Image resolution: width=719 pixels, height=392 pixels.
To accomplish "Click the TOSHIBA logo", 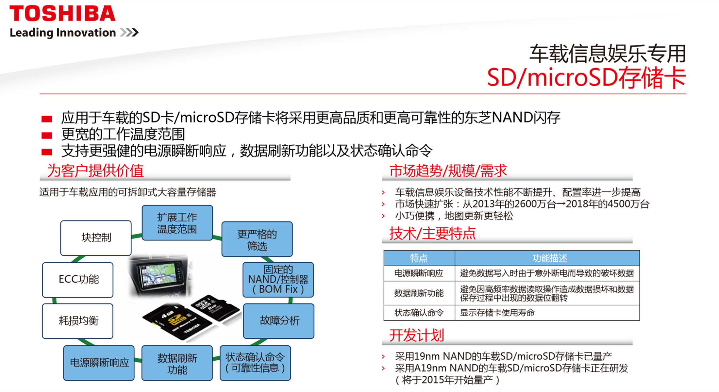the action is (x=62, y=13).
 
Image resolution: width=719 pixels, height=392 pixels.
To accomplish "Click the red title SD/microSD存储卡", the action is (x=586, y=78).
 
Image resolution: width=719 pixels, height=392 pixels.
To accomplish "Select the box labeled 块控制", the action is (x=96, y=238).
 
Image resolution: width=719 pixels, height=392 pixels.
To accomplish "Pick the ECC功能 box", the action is (x=78, y=280).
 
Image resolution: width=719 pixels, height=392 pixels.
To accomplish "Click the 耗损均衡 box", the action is (x=78, y=321).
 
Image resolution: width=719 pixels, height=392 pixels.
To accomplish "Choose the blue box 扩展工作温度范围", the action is (x=177, y=223).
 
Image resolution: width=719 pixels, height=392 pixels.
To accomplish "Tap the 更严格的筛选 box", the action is (x=257, y=239).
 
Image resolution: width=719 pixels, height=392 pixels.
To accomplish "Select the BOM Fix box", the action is (x=278, y=280).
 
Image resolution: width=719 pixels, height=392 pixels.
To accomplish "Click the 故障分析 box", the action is (x=279, y=321).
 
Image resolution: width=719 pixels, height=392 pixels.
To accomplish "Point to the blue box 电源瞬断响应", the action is (x=99, y=363).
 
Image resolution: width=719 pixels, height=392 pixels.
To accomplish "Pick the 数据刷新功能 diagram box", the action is (x=177, y=363).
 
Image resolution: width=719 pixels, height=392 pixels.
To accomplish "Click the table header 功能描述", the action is (x=550, y=258).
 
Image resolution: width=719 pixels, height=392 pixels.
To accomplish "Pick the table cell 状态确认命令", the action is (x=419, y=313).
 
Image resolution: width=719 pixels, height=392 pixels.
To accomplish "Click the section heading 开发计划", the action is (x=417, y=335).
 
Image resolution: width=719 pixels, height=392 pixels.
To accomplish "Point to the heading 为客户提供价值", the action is (x=95, y=171).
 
